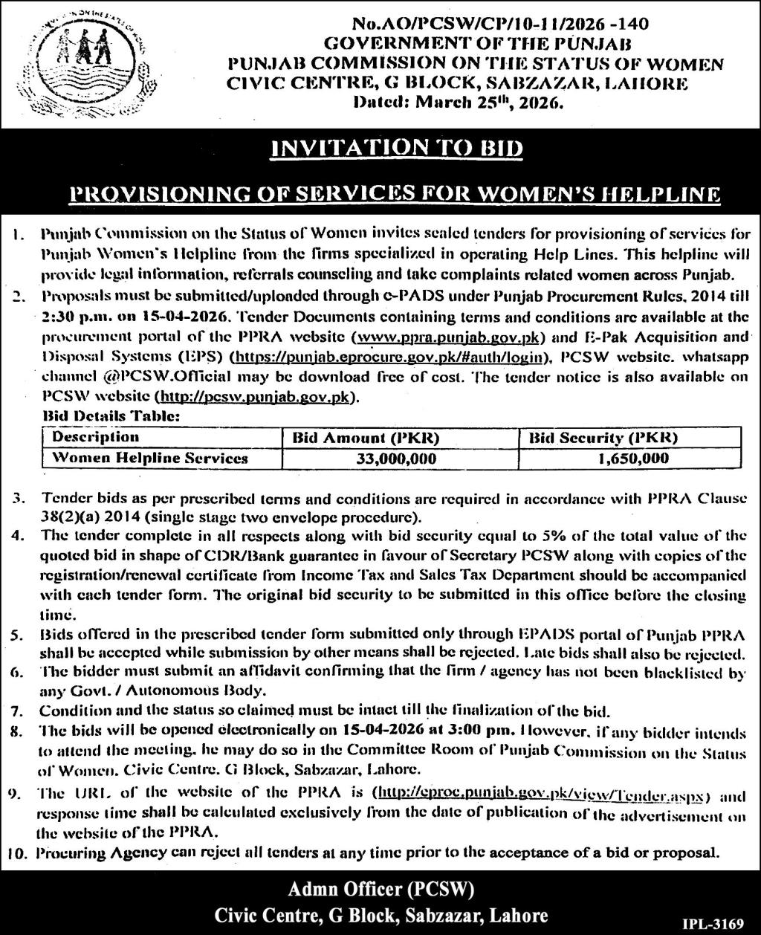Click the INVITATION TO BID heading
click(x=398, y=148)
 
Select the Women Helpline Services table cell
click(x=150, y=459)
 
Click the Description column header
click(x=96, y=437)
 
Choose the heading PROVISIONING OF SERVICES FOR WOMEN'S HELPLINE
click(x=395, y=194)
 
